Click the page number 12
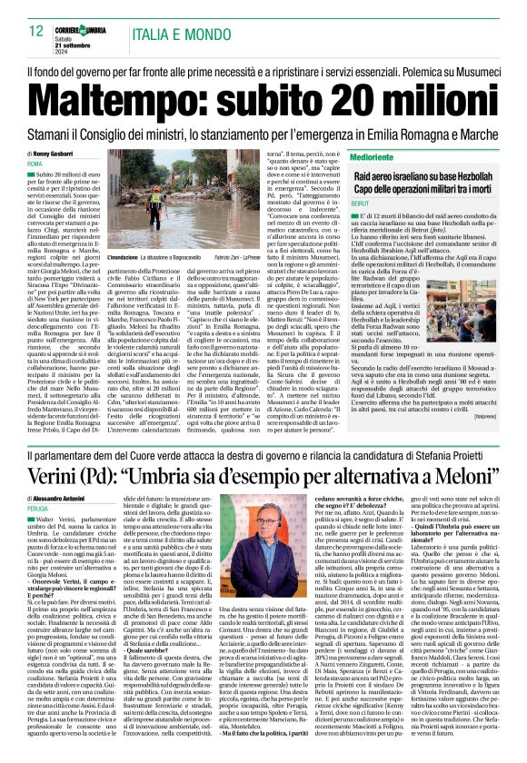(36, 32)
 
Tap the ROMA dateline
(36, 163)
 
